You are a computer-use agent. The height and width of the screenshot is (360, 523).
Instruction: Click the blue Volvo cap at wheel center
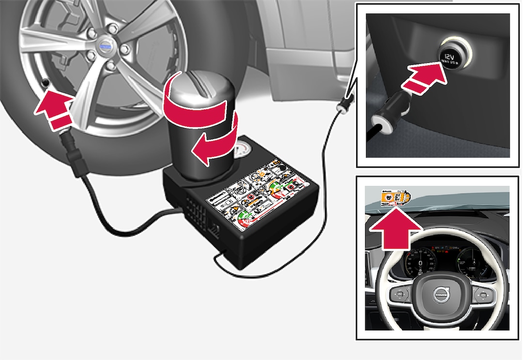coord(105,47)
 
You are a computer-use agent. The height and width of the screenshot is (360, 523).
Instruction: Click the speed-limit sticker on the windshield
coord(395,197)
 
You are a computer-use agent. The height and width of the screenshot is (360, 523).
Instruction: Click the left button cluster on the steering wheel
coord(403,294)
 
